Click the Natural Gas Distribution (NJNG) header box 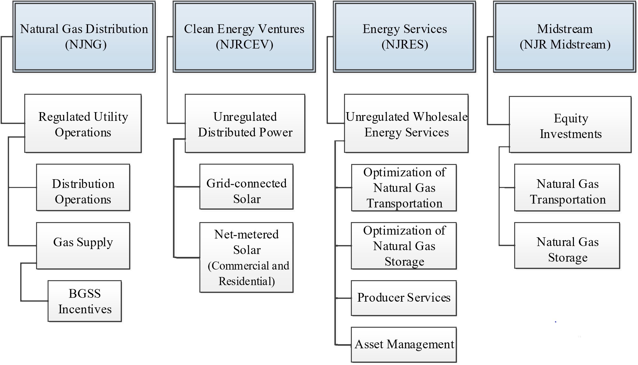[x=84, y=37]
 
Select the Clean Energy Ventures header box [x=244, y=37]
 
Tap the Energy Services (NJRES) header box [x=404, y=37]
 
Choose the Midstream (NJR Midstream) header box [x=565, y=37]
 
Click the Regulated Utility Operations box [x=83, y=124]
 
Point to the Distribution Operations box [x=83, y=188]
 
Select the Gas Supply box [x=83, y=245]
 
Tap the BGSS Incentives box [x=85, y=301]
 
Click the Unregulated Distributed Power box [x=245, y=124]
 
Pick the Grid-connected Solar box [x=246, y=187]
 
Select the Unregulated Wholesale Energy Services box [x=406, y=124]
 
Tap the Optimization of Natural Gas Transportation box [x=404, y=188]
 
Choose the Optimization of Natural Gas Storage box [x=404, y=246]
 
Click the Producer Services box [x=404, y=298]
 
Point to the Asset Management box [x=404, y=344]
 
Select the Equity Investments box [x=570, y=125]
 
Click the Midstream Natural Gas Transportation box [x=567, y=188]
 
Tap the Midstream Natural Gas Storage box [x=567, y=245]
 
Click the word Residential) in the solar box [x=247, y=281]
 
